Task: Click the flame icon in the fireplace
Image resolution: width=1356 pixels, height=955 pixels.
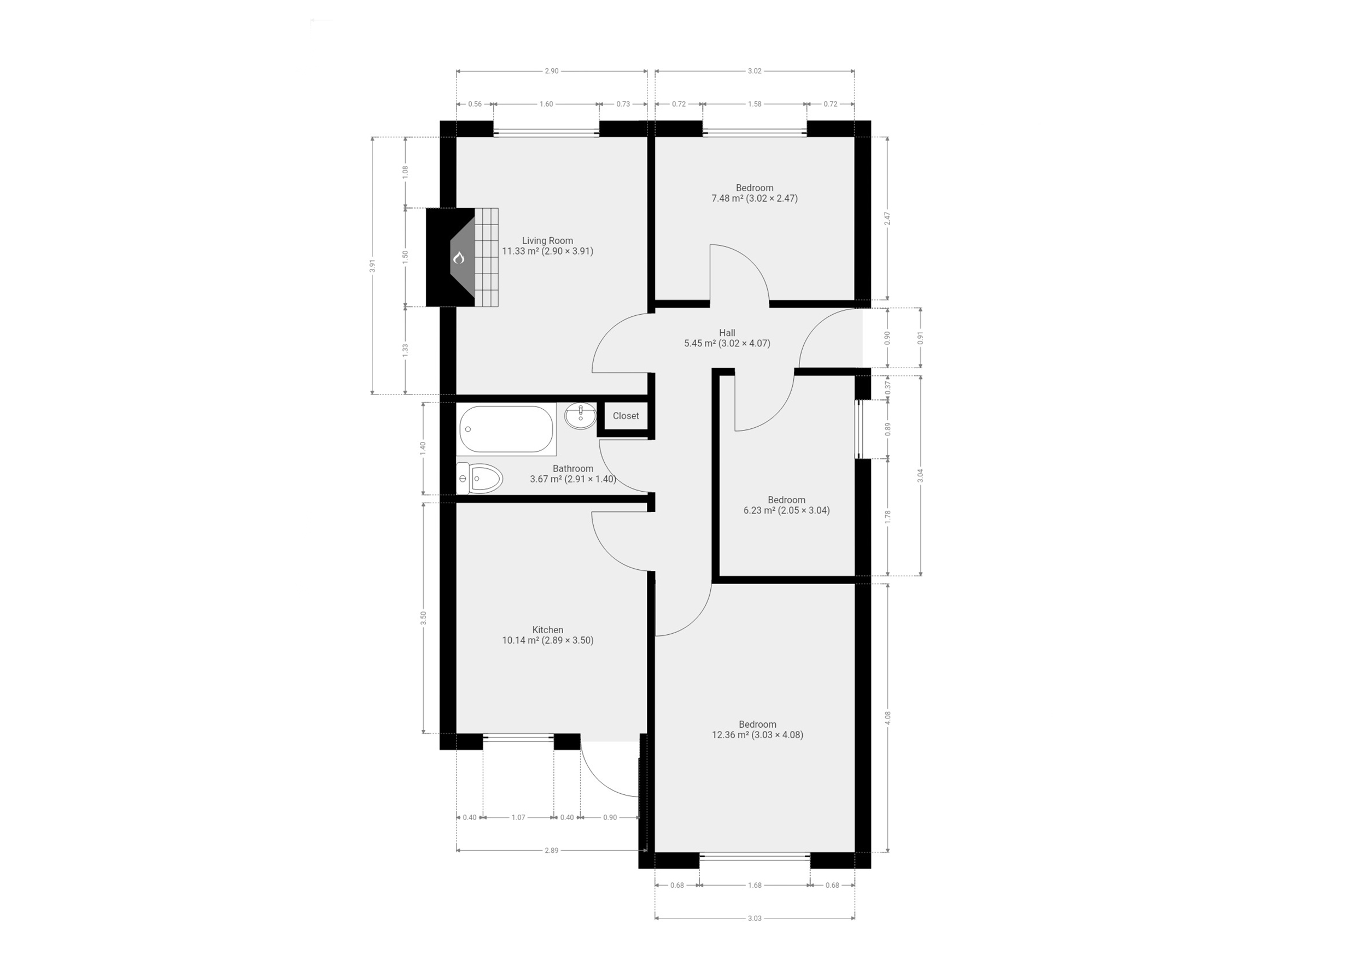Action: (x=458, y=257)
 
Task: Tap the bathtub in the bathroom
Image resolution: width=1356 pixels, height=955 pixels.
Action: (x=507, y=429)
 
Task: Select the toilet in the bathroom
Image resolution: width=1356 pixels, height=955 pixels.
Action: (x=480, y=478)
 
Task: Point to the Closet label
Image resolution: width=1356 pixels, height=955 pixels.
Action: (x=626, y=416)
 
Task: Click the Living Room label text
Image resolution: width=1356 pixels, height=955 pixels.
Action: (x=547, y=241)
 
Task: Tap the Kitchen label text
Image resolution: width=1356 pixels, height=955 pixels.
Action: (x=547, y=630)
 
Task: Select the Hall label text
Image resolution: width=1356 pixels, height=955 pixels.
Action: (x=727, y=333)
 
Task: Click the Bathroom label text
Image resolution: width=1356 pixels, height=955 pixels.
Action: (x=573, y=469)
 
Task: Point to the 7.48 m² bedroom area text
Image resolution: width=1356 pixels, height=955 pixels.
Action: (x=754, y=198)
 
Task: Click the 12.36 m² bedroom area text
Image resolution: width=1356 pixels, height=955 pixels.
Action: (x=757, y=735)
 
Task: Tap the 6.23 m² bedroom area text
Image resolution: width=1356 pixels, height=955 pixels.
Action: (x=786, y=510)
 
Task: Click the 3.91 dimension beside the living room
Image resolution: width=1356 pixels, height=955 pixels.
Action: (x=372, y=266)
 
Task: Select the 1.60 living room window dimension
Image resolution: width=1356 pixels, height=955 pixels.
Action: (x=546, y=104)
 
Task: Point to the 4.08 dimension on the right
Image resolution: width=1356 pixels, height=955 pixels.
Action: (x=887, y=718)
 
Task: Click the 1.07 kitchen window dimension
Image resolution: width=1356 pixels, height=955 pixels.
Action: (x=518, y=817)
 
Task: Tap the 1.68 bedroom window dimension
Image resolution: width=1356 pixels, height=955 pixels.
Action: (x=755, y=886)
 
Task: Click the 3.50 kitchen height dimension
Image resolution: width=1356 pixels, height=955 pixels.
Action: (x=423, y=618)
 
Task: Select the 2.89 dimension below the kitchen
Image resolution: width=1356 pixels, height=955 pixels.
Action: (x=551, y=851)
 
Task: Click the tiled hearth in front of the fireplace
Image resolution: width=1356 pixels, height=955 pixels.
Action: (x=486, y=257)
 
